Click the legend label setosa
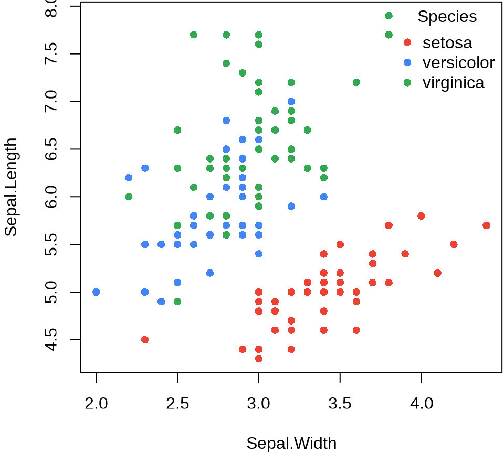point(447,42)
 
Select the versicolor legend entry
point(458,62)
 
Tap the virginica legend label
point(453,82)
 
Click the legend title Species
point(447,17)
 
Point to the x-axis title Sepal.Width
point(291,443)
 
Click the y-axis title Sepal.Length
point(11,187)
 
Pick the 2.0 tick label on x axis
point(96,404)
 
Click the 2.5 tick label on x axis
point(177,404)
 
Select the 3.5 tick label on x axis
point(340,404)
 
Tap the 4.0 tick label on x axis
point(421,404)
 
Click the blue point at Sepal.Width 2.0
point(96,292)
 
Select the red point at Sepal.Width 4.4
point(486,225)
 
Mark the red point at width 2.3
point(145,340)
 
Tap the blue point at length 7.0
point(291,101)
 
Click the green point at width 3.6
point(356,82)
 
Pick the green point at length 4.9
point(177,301)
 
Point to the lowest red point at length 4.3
point(258,359)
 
